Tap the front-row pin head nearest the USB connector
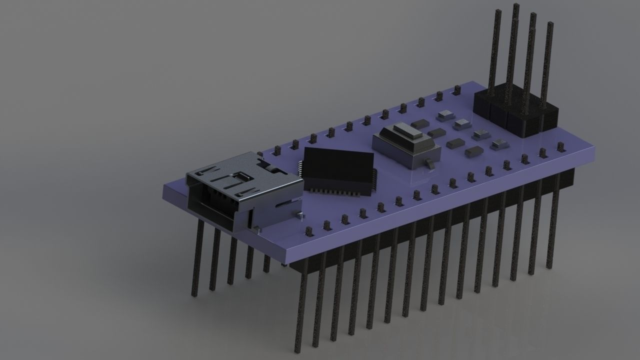(x=309, y=231)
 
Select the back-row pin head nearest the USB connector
(x=260, y=153)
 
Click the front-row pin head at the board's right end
(x=561, y=147)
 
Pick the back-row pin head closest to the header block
(x=457, y=90)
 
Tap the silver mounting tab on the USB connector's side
(x=298, y=215)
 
